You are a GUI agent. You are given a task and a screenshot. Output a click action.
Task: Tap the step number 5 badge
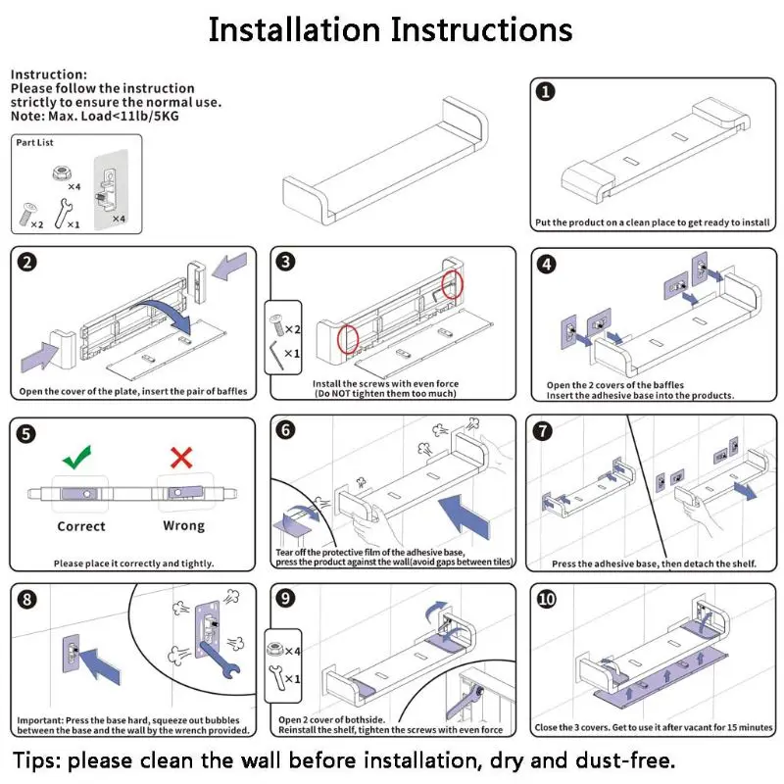pos(27,433)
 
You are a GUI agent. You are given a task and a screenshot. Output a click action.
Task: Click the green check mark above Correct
pos(76,456)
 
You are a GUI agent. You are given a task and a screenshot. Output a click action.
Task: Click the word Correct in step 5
pos(80,526)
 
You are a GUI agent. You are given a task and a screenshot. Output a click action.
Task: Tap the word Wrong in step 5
pos(183,526)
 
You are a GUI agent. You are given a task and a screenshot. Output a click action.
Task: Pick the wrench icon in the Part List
pos(63,211)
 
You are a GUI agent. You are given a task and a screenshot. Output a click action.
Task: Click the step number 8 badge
pos(27,600)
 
